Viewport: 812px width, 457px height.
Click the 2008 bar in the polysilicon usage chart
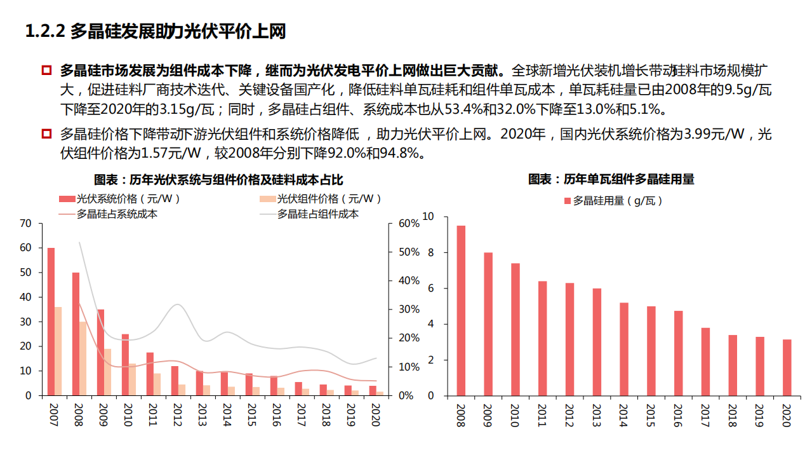pyautogui.click(x=461, y=310)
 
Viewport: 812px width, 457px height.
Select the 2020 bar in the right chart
pyautogui.click(x=787, y=367)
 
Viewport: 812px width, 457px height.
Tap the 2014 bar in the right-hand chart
pyautogui.click(x=624, y=348)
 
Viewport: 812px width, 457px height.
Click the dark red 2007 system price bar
pyautogui.click(x=51, y=321)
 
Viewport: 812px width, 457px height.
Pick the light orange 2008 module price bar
pyautogui.click(x=83, y=358)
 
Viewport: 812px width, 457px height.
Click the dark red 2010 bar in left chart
pyautogui.click(x=125, y=364)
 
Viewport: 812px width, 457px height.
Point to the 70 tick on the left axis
pyautogui.click(x=25, y=224)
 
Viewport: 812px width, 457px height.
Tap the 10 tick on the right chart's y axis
pyautogui.click(x=428, y=217)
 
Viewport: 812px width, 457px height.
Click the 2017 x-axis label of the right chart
pyautogui.click(x=705, y=413)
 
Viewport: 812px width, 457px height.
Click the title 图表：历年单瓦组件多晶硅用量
pyautogui.click(x=611, y=179)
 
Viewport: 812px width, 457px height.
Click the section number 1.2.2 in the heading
pyautogui.click(x=45, y=32)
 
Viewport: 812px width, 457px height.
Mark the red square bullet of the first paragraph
pyautogui.click(x=46, y=69)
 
